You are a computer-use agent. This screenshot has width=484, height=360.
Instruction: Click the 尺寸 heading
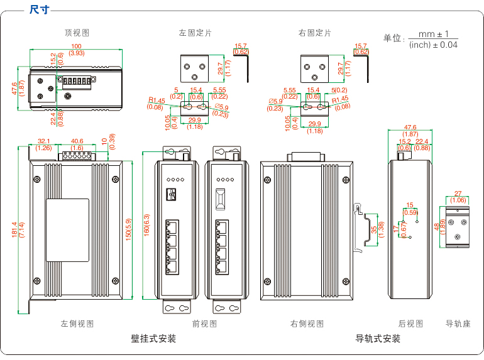[40, 9]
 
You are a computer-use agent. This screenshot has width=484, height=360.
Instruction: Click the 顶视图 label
[77, 32]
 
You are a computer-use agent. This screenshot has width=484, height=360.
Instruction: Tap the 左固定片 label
[195, 32]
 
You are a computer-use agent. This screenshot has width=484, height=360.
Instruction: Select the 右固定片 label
[314, 32]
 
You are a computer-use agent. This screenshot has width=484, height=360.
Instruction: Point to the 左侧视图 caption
[77, 324]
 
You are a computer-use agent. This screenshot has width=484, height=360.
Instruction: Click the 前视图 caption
[204, 324]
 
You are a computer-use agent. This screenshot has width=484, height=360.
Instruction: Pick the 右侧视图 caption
[307, 324]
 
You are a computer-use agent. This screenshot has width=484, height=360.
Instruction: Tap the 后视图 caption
[410, 324]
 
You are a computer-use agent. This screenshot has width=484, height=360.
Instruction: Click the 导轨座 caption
[458, 324]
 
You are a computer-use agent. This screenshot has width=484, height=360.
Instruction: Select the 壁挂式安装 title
[153, 339]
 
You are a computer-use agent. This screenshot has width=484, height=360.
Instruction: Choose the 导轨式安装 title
[378, 339]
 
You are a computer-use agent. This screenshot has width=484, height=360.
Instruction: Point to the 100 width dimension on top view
[76, 46]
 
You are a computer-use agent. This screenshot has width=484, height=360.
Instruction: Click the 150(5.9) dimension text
[128, 231]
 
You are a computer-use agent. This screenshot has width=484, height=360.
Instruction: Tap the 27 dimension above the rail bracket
[458, 194]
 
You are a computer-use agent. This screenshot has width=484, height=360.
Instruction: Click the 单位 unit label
[393, 38]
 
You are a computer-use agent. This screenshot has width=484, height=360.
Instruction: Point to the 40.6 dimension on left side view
[77, 141]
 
